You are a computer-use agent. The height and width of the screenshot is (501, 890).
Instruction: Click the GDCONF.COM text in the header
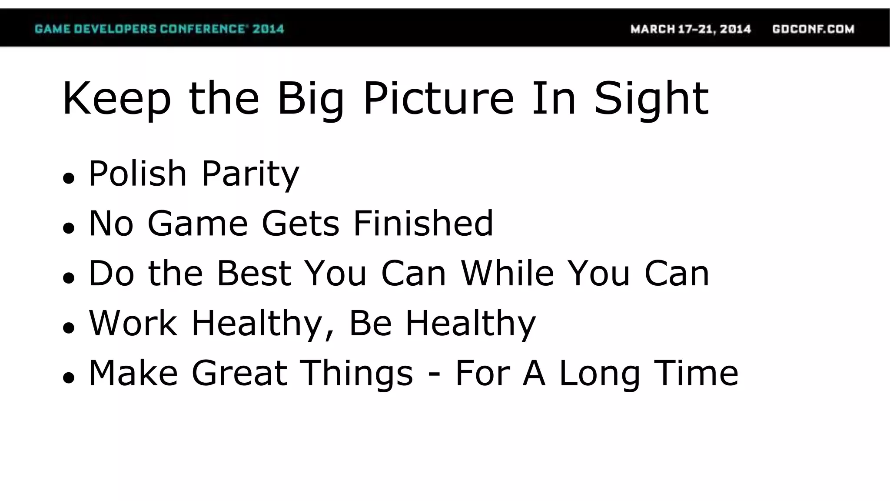coord(813,29)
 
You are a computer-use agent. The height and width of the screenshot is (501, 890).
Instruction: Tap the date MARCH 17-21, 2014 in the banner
coord(691,29)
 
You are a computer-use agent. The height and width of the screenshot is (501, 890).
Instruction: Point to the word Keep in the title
coord(116,99)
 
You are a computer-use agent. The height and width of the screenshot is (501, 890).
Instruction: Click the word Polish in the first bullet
coord(138,174)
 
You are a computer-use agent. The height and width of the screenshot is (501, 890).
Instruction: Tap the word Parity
coord(250,174)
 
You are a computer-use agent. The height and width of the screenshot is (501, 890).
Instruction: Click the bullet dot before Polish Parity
coord(69,178)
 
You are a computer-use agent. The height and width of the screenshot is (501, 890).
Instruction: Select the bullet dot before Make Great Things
coord(69,377)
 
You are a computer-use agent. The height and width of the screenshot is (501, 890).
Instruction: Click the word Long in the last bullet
coord(599,374)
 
